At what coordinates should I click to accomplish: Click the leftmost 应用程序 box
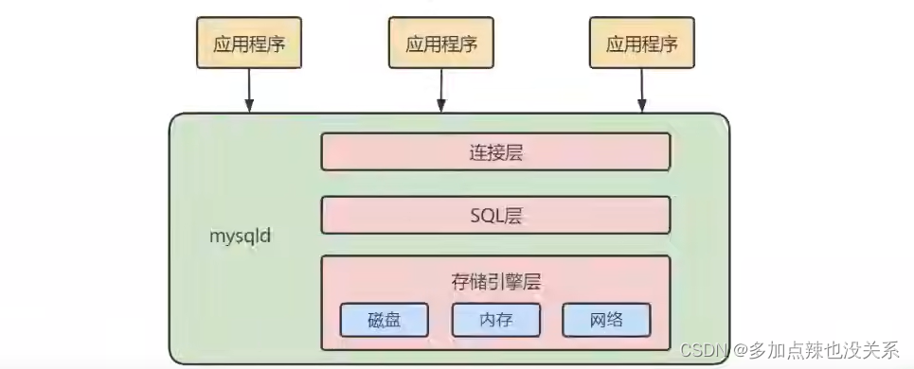[x=248, y=44]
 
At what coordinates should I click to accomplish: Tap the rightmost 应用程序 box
[x=640, y=44]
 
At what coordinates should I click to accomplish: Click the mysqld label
[x=241, y=236]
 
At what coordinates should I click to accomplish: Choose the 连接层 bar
[x=495, y=151]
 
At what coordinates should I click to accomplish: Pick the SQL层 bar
[x=495, y=215]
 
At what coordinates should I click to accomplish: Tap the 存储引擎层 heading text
[x=495, y=281]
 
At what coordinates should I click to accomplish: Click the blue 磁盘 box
[x=384, y=320]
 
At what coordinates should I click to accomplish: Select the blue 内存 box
[x=495, y=320]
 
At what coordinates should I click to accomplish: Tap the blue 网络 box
[x=607, y=320]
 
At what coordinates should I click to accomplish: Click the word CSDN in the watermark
[x=702, y=349]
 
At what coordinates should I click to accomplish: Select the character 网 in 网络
[x=599, y=320]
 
